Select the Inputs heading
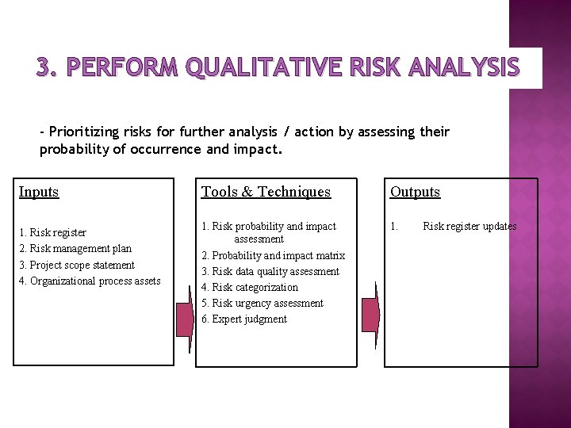[39, 192]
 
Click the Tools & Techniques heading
[266, 192]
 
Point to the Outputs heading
[415, 192]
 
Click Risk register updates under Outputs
[469, 227]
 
